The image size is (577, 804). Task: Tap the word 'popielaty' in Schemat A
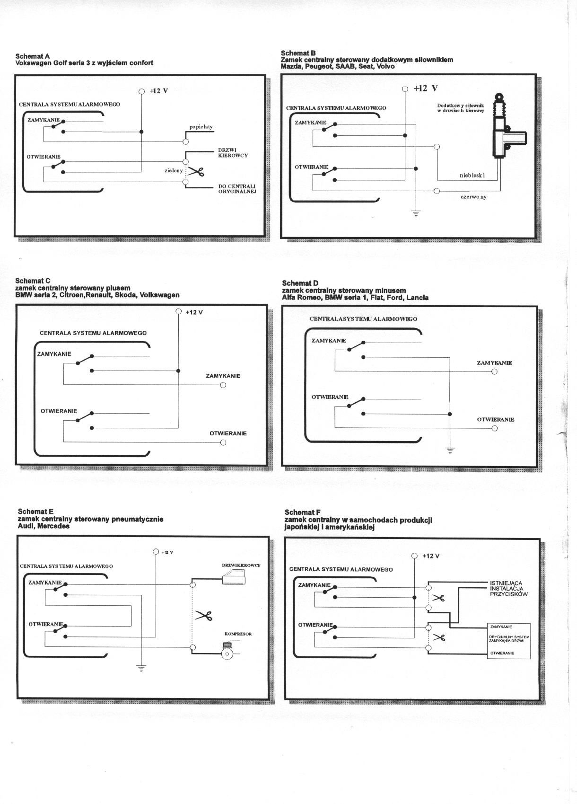(x=201, y=127)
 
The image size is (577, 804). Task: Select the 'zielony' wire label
(x=174, y=170)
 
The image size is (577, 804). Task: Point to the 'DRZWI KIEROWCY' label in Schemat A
(x=233, y=153)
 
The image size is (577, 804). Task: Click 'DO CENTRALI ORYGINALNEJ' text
(x=237, y=189)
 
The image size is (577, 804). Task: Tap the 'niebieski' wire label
(x=472, y=176)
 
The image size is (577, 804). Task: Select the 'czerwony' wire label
(x=473, y=197)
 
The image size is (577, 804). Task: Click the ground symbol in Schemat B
(x=416, y=212)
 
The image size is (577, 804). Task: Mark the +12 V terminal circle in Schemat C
(x=178, y=311)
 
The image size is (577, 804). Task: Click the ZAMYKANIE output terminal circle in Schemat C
(x=223, y=385)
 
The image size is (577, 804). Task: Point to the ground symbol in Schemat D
(x=450, y=450)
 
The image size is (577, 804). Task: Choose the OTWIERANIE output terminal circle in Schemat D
(x=494, y=428)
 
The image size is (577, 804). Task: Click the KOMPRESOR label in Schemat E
(x=238, y=634)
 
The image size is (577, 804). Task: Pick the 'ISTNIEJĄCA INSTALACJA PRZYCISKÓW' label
(x=508, y=588)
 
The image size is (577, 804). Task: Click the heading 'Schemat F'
(x=303, y=512)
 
